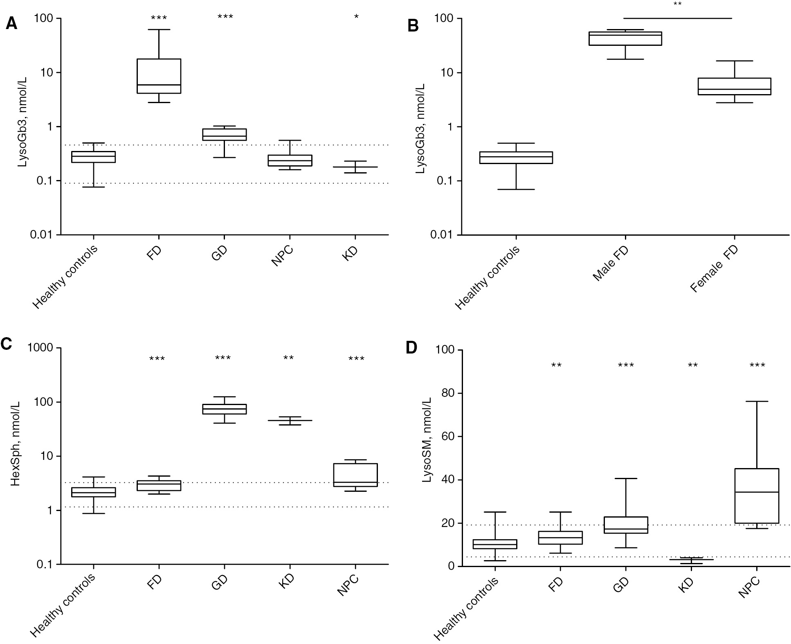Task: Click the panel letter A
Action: tap(11, 24)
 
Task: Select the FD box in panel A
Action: tap(159, 76)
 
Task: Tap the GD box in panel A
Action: tap(225, 135)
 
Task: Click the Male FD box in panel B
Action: tap(625, 38)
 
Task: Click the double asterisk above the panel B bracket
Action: tap(677, 4)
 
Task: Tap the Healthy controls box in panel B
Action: tap(516, 158)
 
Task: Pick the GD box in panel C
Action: tap(225, 409)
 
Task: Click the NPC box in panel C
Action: tap(355, 475)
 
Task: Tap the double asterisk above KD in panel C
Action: tap(288, 358)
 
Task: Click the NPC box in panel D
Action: tap(757, 495)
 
